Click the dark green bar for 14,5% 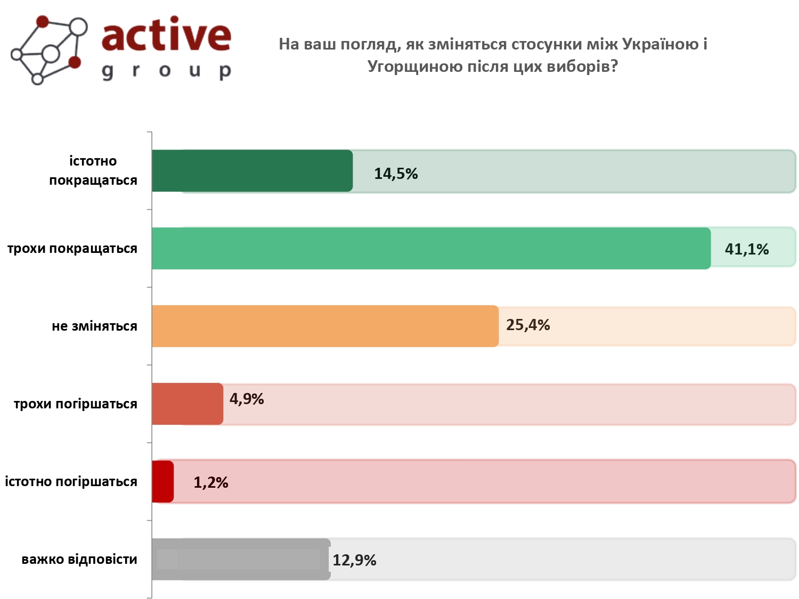[x=252, y=171]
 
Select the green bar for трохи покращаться [x=431, y=249]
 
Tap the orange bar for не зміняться [x=325, y=326]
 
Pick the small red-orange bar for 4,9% [x=187, y=404]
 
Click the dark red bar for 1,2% [x=162, y=482]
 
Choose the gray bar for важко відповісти [x=241, y=560]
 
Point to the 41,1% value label [x=747, y=249]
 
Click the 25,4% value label [x=528, y=325]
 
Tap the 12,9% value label [x=354, y=560]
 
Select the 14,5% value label [x=396, y=174]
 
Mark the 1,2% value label [x=211, y=482]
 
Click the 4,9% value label [x=247, y=399]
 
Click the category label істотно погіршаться [x=71, y=482]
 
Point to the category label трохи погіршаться [x=76, y=404]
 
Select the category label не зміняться [x=94, y=326]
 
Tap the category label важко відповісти [x=79, y=560]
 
